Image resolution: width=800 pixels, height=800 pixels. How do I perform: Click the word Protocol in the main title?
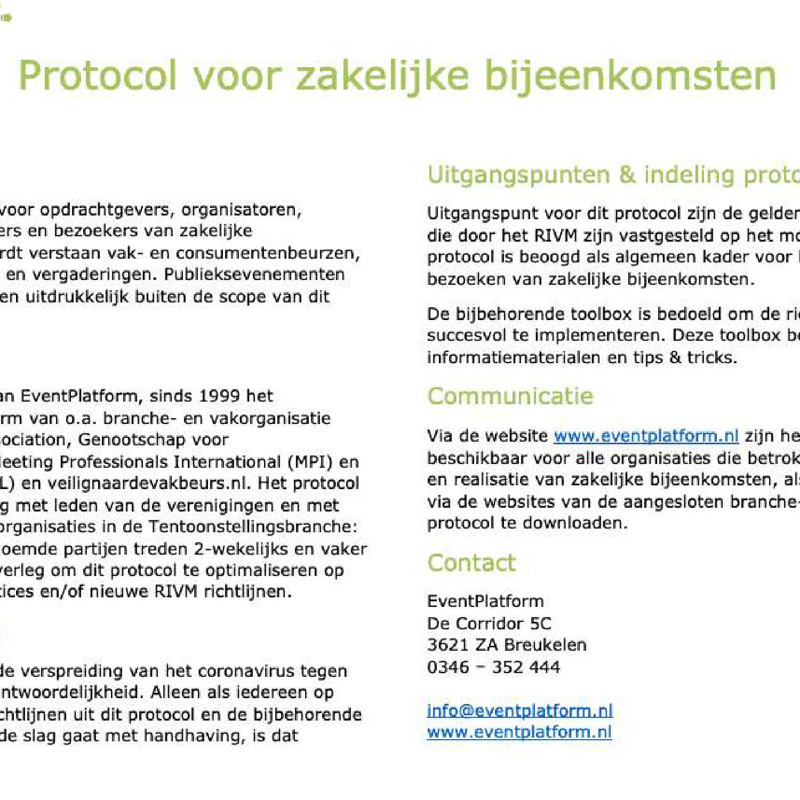pos(98,76)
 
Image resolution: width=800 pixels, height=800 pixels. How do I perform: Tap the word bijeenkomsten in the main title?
pos(630,76)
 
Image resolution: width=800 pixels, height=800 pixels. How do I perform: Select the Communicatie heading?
pos(510,396)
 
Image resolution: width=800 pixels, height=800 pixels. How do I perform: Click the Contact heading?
pos(471,563)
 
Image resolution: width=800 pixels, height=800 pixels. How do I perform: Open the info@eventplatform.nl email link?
pos(519,710)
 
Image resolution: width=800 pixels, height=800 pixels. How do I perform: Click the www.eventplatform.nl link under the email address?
pos(519,732)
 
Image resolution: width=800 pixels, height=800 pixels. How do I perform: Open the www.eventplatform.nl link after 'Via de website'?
pos(646,436)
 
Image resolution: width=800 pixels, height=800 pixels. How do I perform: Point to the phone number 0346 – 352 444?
pos(493,667)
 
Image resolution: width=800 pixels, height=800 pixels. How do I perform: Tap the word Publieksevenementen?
pos(254,274)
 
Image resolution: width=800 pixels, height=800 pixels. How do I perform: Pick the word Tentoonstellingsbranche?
pos(252,526)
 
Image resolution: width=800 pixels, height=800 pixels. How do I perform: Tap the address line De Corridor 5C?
pos(489,623)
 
